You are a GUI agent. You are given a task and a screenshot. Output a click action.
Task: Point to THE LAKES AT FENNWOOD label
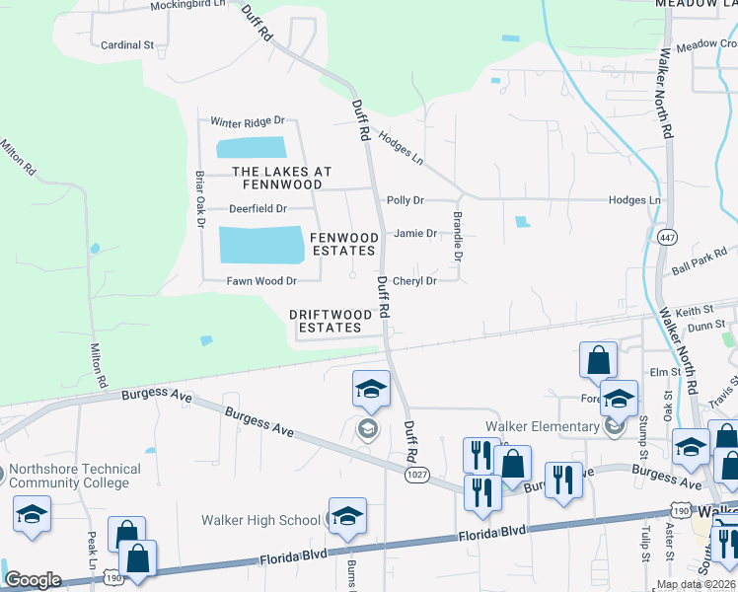(275, 178)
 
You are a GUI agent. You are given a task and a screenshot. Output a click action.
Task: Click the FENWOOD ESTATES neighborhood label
(344, 244)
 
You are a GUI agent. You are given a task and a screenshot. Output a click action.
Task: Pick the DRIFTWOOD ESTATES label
(332, 321)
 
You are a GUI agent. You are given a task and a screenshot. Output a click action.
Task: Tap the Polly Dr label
(406, 200)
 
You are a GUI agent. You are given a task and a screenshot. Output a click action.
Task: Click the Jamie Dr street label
(414, 234)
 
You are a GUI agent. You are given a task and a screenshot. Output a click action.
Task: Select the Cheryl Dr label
(414, 281)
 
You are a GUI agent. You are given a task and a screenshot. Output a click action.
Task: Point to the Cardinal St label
(128, 45)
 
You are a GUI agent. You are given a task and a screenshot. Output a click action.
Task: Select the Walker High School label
(260, 520)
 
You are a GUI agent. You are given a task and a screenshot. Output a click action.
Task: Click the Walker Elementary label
(542, 427)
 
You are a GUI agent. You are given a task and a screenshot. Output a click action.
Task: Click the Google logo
(33, 579)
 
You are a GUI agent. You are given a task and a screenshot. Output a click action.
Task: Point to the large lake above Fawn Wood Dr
(261, 245)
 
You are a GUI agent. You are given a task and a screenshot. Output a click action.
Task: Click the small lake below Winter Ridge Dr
(251, 148)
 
